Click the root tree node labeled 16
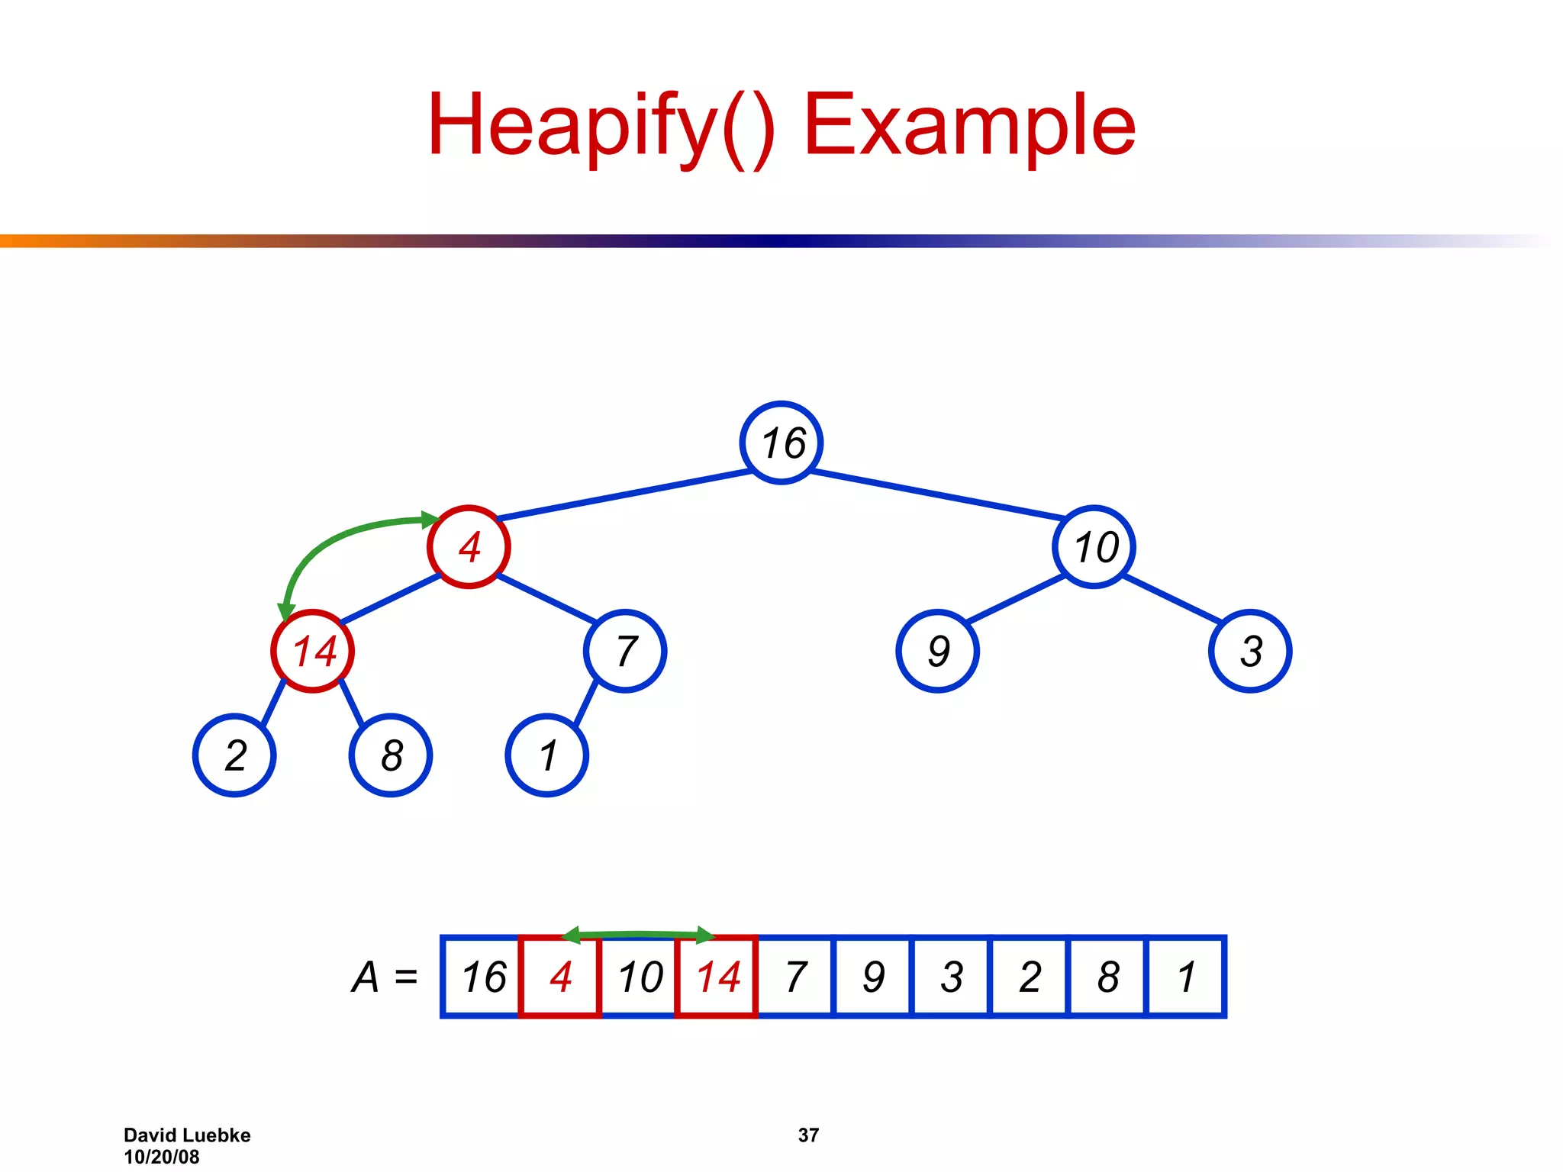(781, 443)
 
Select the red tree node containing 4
(469, 547)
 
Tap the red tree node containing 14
(313, 652)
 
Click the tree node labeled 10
(1094, 547)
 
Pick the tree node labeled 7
(625, 652)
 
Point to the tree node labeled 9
(937, 652)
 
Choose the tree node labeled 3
(1250, 652)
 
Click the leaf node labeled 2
(234, 755)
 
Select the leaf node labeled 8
(391, 755)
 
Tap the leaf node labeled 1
(546, 755)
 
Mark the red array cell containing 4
(560, 977)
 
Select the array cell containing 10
(639, 977)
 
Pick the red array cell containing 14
(717, 977)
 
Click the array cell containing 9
(874, 977)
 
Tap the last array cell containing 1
(1186, 977)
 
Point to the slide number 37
(808, 1135)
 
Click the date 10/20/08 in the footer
(162, 1157)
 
